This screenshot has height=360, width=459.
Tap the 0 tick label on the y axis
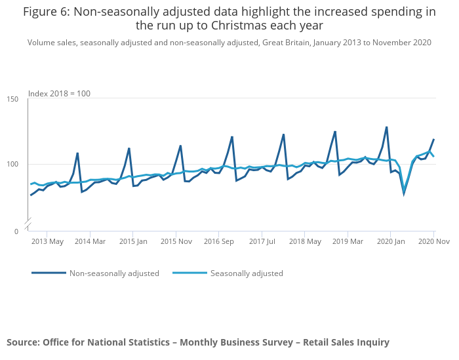(17, 231)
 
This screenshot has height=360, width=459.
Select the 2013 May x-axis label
(47, 241)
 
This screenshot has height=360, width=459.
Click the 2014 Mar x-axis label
(90, 241)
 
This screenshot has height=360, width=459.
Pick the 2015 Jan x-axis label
(133, 241)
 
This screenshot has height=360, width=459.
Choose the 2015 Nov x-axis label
(176, 241)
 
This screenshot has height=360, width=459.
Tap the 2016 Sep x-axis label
(219, 241)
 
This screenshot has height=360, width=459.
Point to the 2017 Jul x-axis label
(262, 241)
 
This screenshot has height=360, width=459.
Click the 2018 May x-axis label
(305, 241)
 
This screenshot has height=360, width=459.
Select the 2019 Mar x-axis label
(348, 241)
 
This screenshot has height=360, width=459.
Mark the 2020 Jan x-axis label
(391, 241)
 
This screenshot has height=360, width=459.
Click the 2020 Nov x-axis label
(433, 241)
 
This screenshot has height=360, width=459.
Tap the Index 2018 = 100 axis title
(59, 94)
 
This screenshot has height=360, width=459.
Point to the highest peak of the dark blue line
(387, 127)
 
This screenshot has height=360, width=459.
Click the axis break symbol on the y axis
(28, 224)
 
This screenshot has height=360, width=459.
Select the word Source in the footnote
(23, 342)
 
